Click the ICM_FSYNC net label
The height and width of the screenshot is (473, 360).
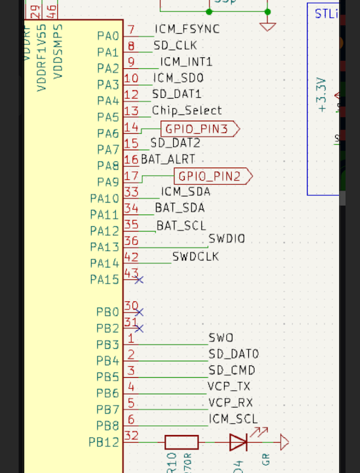tap(187, 29)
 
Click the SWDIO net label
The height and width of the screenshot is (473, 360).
tap(226, 239)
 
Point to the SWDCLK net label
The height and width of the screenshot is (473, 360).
tap(195, 256)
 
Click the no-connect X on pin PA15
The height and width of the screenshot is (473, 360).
tap(139, 279)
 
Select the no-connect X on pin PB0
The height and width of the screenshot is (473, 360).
tap(139, 312)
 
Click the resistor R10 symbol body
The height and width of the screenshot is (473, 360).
tap(181, 442)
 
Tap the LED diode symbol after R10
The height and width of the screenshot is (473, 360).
tap(239, 442)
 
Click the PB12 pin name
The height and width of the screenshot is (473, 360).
tap(104, 442)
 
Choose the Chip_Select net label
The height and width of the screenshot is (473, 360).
tap(187, 110)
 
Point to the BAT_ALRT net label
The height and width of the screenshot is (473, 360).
tap(168, 159)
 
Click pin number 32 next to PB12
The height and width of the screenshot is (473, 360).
tap(131, 436)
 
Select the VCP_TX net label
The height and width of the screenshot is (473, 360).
tap(229, 386)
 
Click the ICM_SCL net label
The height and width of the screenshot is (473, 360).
tap(233, 419)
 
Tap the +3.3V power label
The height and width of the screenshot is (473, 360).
tap(321, 95)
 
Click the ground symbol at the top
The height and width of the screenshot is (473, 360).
tap(268, 26)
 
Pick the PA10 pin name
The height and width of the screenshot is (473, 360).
tap(104, 198)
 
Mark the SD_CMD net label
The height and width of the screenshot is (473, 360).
tap(232, 370)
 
